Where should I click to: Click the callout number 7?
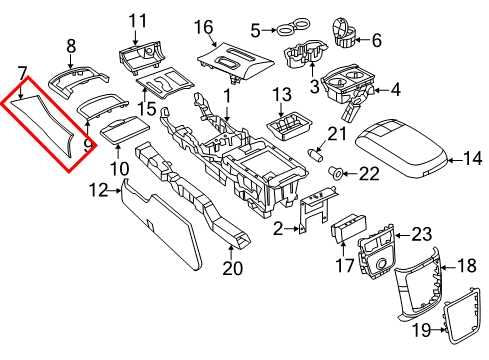[21, 72]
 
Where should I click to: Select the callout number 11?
[137, 19]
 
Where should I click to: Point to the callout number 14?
[474, 157]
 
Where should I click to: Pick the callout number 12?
[97, 189]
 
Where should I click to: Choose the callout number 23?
[421, 236]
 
